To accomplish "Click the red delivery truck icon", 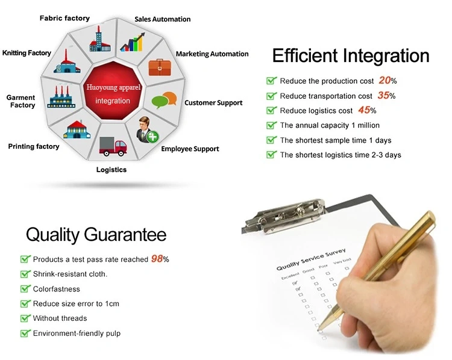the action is point(113,146).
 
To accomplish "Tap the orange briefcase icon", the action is point(160,67).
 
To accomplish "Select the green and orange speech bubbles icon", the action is point(164,100).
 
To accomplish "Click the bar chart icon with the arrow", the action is point(133,42).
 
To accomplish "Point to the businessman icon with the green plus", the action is point(147,130).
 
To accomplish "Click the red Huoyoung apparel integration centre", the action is point(113,91).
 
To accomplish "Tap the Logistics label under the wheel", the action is point(111,170).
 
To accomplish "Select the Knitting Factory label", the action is point(27,53).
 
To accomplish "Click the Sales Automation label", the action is point(163,19).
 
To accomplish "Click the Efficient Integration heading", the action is point(351,55).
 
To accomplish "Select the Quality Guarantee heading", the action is point(96,234).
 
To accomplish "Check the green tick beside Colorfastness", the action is point(25,288).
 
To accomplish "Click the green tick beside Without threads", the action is point(25,318).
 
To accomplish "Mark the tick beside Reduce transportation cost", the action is point(272,95).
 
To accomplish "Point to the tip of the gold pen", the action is point(318,331).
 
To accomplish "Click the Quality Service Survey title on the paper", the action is point(311,259).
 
